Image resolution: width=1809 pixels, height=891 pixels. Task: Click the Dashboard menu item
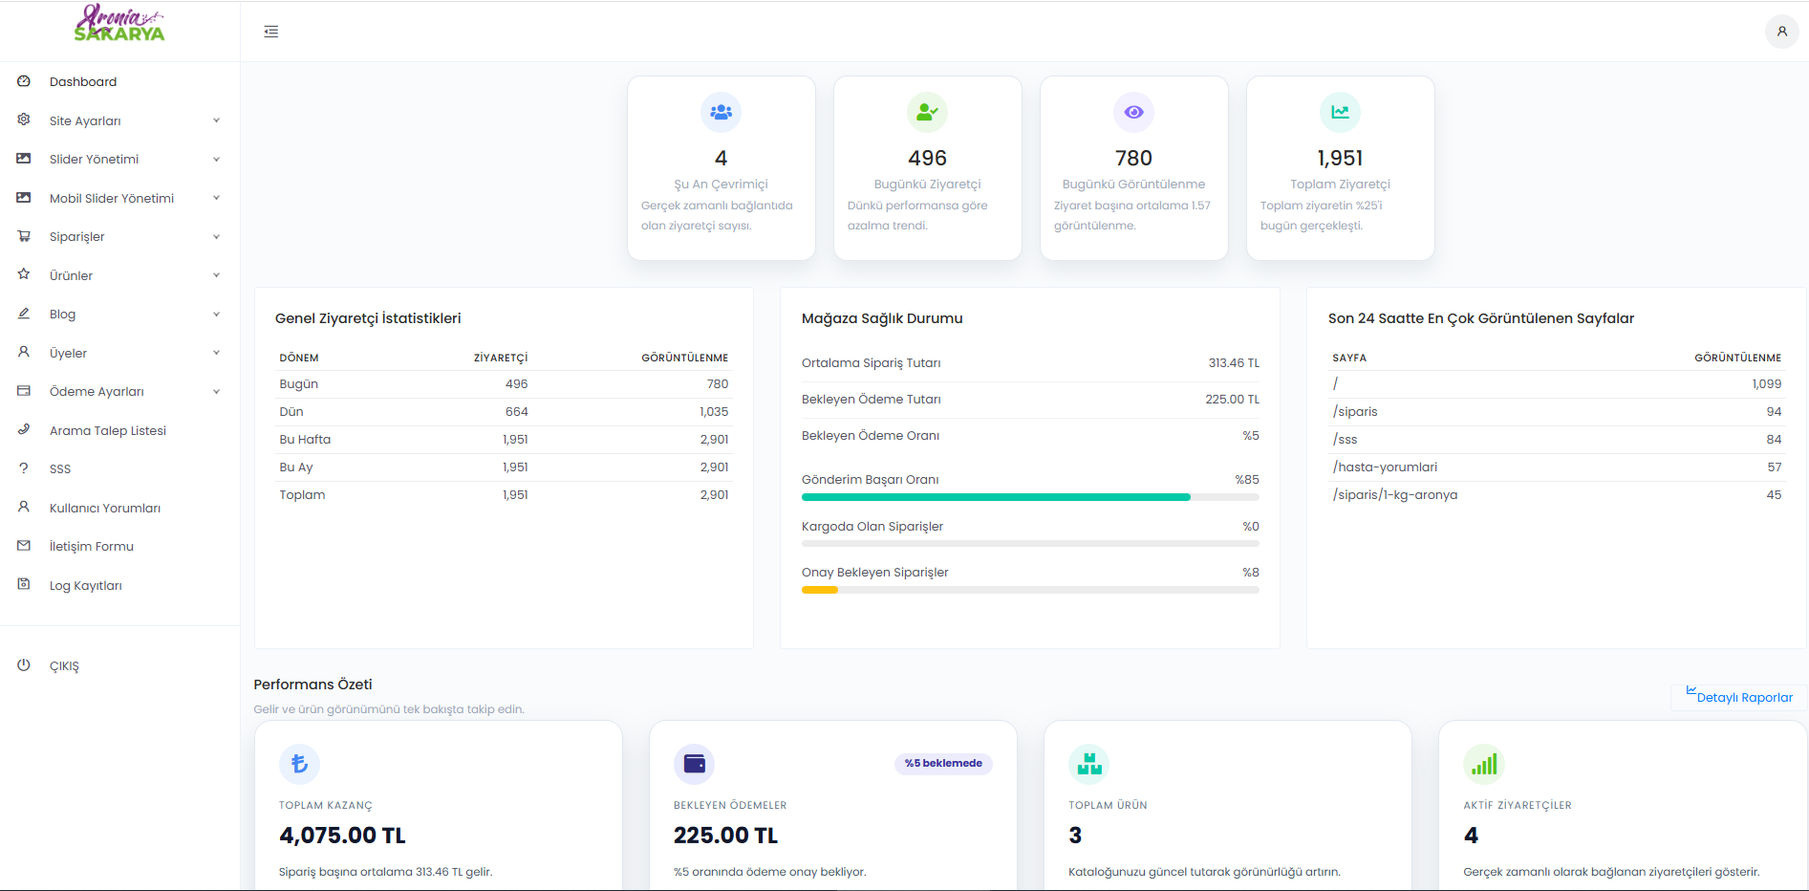(83, 82)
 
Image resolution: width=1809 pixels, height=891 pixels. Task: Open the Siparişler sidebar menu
(77, 237)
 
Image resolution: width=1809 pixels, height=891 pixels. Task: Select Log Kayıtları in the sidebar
(86, 586)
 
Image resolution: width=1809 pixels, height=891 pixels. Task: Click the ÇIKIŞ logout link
(64, 666)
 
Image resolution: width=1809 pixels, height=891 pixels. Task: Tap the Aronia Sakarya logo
(119, 24)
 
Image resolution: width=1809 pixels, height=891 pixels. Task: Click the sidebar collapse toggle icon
(271, 32)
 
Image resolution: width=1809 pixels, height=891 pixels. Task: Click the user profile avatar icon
(1781, 32)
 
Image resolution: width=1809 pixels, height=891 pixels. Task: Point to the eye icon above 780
(1133, 113)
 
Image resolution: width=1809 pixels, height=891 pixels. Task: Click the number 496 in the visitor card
(927, 158)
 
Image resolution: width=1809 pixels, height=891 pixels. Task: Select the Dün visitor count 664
(516, 412)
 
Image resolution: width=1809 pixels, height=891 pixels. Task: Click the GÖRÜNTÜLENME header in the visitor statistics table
(684, 358)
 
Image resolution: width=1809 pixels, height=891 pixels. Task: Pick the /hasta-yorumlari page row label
(1385, 467)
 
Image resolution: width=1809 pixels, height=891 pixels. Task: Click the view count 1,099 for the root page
(1766, 384)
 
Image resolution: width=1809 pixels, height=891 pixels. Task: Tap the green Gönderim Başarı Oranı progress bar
(996, 497)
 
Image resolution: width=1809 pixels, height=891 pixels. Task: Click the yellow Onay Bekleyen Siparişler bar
(820, 590)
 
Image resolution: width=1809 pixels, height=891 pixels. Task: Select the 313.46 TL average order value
(1234, 363)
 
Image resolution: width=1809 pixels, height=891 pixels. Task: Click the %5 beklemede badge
(943, 763)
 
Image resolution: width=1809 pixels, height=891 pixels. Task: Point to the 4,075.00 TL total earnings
(342, 836)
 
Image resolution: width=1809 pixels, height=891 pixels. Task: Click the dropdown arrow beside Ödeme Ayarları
(217, 392)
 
